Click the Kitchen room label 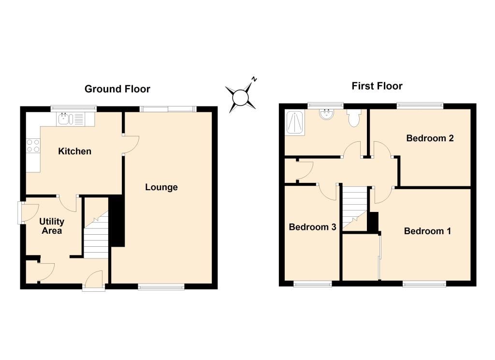point(75,151)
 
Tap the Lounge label point(161,187)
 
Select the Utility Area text point(52,226)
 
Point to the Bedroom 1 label point(427,231)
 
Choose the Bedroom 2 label point(430,138)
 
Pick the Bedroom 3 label point(313,227)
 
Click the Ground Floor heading point(117,89)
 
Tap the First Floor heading point(377,86)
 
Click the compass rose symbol point(241,97)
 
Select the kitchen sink point(71,119)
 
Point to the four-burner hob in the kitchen point(33,146)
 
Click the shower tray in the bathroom point(295,123)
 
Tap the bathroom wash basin point(327,114)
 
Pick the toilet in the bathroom point(354,118)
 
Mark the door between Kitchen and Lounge point(131,145)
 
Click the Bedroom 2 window point(420,106)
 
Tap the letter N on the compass point(254,79)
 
